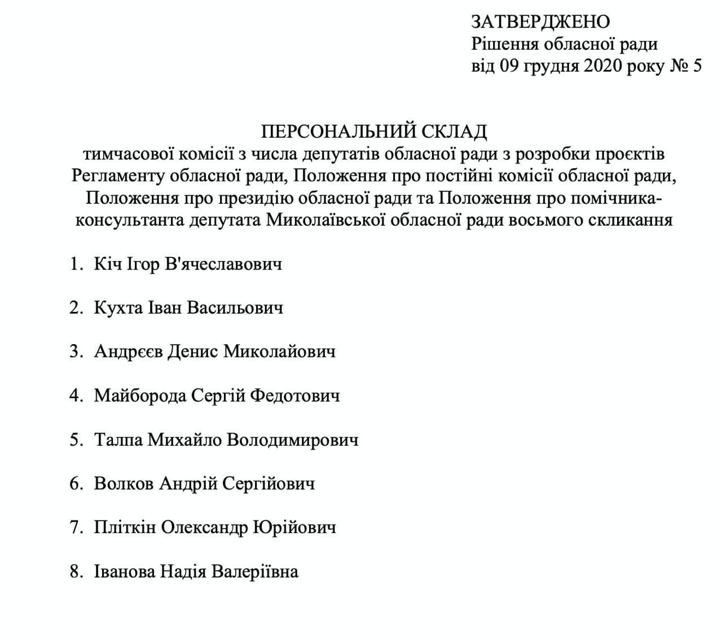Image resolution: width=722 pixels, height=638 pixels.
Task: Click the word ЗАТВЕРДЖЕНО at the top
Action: coord(540,22)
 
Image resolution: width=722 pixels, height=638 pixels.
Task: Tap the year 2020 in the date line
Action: coord(604,66)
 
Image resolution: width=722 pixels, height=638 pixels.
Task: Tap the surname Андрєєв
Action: coord(129,351)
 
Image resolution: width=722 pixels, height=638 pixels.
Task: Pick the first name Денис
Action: coord(193,351)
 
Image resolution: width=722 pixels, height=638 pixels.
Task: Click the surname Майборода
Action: coord(140,395)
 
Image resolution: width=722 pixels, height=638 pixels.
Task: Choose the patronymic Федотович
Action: coord(294,395)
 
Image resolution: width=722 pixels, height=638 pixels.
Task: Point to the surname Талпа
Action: coord(118,439)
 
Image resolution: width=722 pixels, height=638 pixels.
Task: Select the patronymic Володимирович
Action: coord(292,439)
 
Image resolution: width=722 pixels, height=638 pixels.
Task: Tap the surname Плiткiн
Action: coord(125,527)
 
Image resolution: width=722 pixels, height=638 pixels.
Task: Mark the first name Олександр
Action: coord(205,527)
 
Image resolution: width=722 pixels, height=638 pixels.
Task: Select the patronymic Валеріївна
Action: coord(254,571)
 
